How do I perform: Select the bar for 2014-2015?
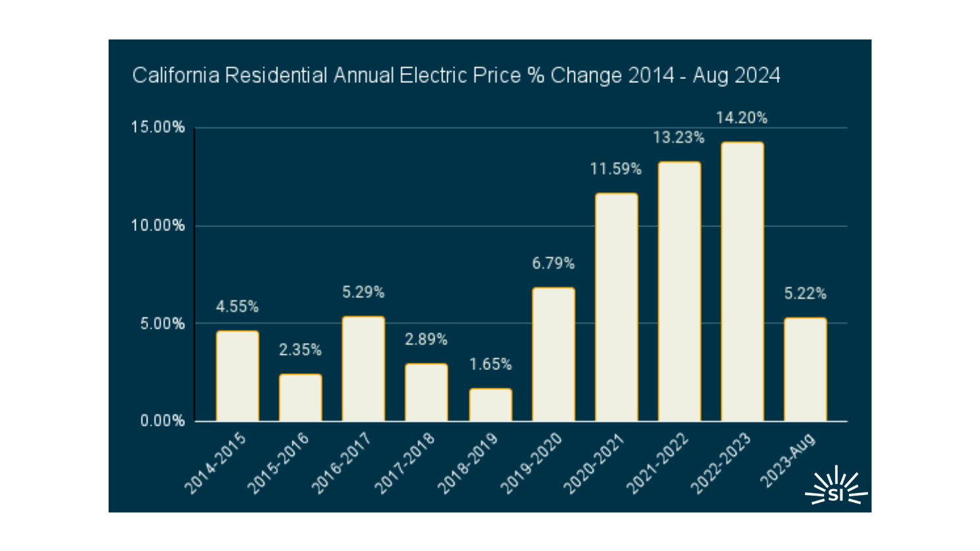237,376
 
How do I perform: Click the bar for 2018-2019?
490,405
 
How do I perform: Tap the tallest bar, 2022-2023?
742,282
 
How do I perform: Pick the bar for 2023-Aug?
805,369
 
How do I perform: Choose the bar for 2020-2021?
616,307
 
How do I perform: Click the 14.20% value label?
742,118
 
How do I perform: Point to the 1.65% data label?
490,365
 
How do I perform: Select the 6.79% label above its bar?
553,264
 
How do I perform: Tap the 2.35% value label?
300,350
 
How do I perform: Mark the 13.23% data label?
678,138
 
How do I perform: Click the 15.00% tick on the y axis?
158,128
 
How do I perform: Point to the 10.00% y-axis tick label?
158,226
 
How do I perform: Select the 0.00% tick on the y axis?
162,421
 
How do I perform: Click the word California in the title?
175,76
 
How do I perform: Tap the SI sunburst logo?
836,487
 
